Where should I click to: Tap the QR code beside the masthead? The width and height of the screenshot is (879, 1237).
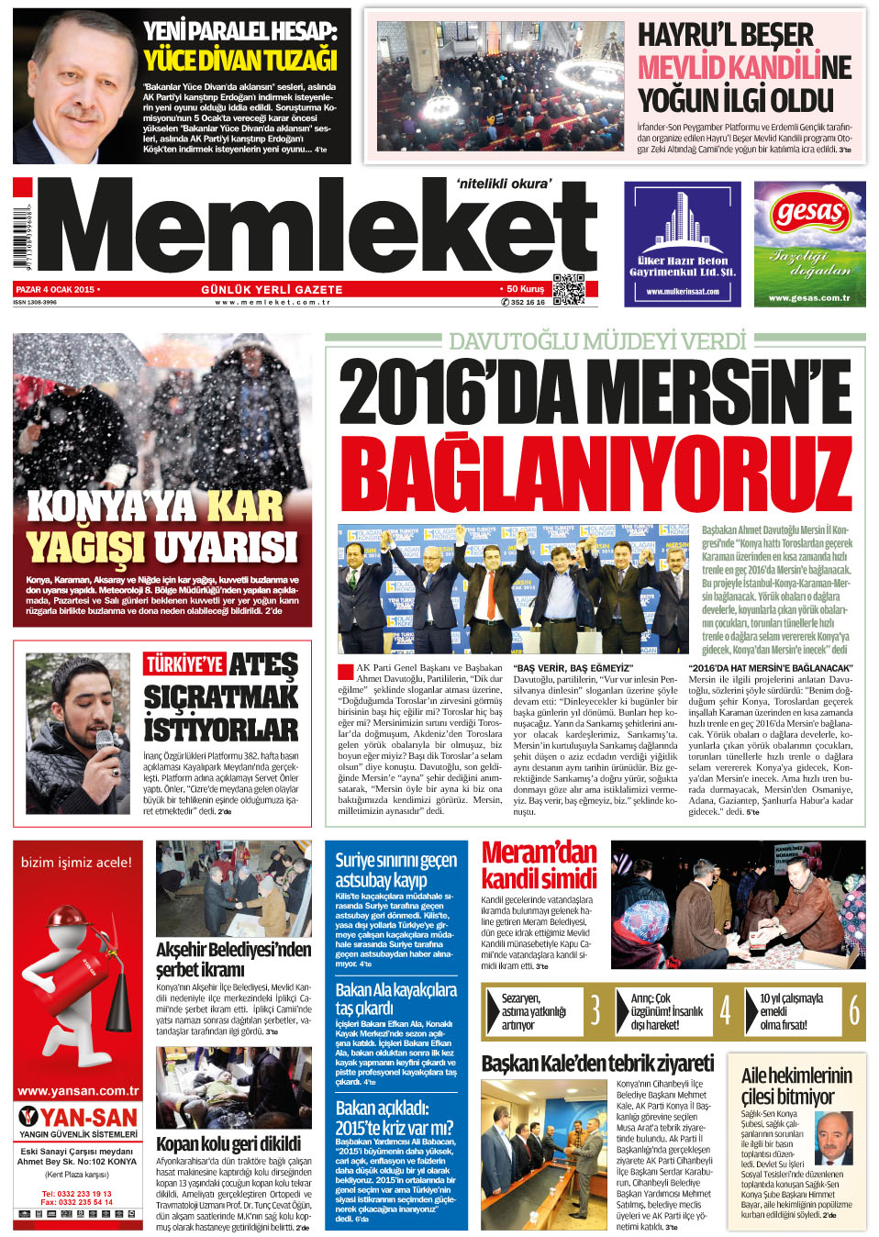click(x=569, y=289)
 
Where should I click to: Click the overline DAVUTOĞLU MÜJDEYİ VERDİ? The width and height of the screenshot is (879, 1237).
click(x=597, y=341)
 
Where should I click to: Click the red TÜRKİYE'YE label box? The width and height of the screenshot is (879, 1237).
click(x=184, y=664)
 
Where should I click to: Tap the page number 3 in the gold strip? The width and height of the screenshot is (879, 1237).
click(x=595, y=1010)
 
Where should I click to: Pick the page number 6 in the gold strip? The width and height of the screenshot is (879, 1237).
click(x=854, y=1010)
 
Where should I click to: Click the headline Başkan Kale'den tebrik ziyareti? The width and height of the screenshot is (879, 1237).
click(x=597, y=1064)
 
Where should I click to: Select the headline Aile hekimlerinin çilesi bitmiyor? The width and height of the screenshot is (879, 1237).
click(x=796, y=1086)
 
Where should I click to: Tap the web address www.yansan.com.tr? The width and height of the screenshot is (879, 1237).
click(x=78, y=1091)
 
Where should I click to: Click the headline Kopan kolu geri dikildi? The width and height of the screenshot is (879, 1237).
click(x=228, y=1143)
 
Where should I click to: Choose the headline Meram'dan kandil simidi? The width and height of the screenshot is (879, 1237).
click(x=539, y=865)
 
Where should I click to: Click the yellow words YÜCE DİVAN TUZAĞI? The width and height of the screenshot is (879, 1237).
click(x=240, y=61)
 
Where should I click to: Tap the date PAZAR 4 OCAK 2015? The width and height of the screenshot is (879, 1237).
click(x=56, y=289)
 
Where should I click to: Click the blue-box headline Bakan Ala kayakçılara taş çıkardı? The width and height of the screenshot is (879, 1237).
click(x=395, y=998)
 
